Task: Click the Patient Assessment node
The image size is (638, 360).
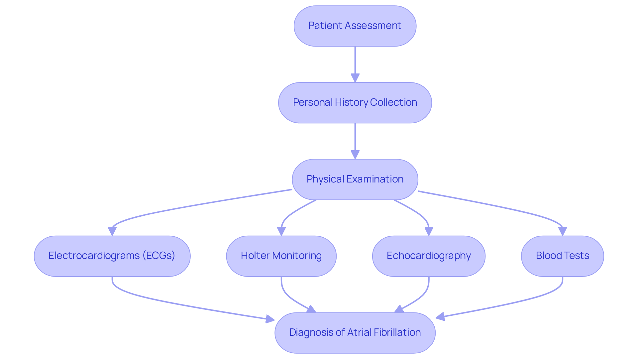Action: click(x=355, y=26)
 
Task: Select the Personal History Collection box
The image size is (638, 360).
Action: click(x=355, y=103)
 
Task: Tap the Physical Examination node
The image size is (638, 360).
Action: click(x=355, y=180)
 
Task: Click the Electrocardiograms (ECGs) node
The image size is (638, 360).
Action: click(x=112, y=256)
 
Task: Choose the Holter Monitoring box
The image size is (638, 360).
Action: click(x=281, y=256)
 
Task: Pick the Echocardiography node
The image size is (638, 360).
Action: click(x=429, y=256)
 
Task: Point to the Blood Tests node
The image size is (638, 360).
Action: click(x=562, y=256)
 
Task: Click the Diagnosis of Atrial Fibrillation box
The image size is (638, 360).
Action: click(x=355, y=332)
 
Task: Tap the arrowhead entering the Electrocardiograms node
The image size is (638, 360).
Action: click(x=112, y=231)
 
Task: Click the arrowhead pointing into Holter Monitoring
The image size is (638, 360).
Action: click(x=281, y=231)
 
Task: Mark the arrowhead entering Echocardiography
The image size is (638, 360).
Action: click(x=429, y=231)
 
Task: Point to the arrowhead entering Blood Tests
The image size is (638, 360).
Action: click(x=562, y=231)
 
